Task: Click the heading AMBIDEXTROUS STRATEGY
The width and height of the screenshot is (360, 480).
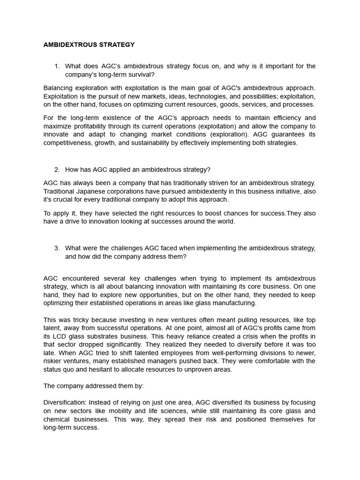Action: tap(89, 45)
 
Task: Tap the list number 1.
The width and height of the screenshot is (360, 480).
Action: tap(57, 67)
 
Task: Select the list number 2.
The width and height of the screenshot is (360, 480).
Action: tap(57, 170)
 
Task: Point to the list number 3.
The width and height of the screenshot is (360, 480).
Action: tap(57, 248)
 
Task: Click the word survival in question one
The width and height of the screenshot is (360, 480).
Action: tap(140, 75)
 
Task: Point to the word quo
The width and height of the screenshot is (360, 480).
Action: tap(72, 369)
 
